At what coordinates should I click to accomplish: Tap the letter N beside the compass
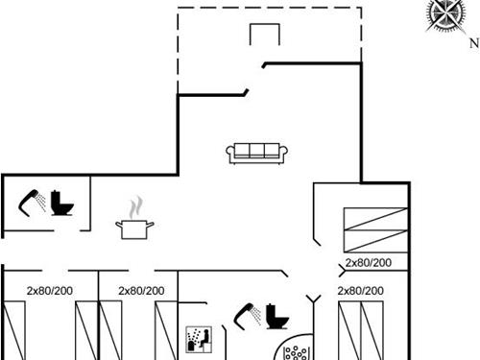(x=473, y=40)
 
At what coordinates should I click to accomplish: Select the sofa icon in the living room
(x=257, y=151)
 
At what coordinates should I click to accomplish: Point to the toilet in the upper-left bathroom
(x=64, y=204)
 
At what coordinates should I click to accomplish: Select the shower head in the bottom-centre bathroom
(x=248, y=314)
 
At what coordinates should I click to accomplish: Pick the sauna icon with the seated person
(x=197, y=340)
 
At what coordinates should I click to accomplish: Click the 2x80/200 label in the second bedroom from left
(x=141, y=291)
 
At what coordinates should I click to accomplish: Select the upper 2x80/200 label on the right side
(x=369, y=262)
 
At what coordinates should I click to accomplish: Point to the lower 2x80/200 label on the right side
(x=361, y=290)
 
